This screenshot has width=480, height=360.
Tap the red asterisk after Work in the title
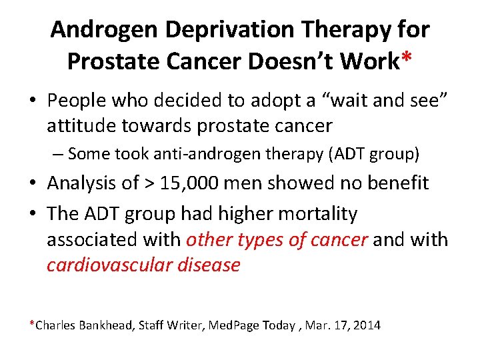tap(406, 59)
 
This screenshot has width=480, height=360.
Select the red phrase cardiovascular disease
tap(143, 265)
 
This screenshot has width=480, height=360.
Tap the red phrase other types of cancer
tap(277, 239)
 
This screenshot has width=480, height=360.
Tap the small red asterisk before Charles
tap(31, 323)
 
